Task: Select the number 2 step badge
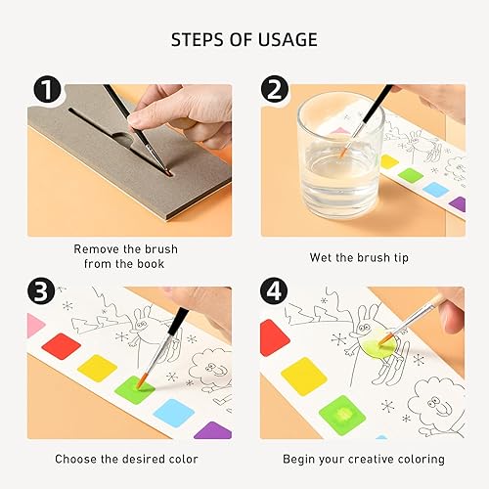[x=275, y=92]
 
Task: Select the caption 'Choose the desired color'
[x=126, y=459]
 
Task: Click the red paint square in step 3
[x=60, y=348]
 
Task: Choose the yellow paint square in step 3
[x=98, y=370]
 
